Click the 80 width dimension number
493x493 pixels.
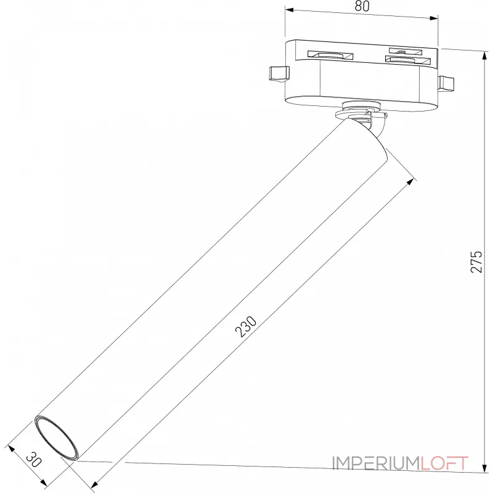click(x=362, y=7)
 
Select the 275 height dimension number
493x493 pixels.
click(x=476, y=262)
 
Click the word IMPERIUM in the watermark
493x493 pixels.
click(x=376, y=463)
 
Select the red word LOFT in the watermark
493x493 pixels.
click(x=444, y=463)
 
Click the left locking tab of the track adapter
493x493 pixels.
click(x=279, y=73)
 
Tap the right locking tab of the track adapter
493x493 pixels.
click(x=446, y=83)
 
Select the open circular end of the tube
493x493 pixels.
click(x=57, y=437)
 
